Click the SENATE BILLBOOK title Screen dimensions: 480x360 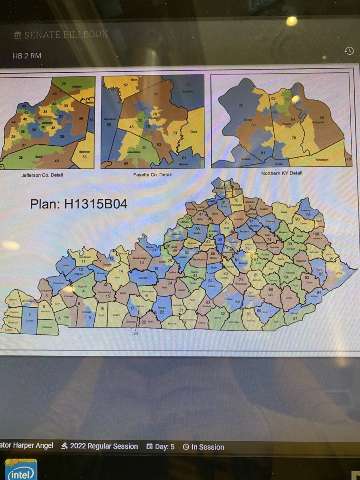[x=66, y=35]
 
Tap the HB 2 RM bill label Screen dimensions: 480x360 [x=27, y=56]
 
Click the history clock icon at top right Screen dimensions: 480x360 [x=349, y=51]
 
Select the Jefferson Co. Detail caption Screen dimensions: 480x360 [x=42, y=175]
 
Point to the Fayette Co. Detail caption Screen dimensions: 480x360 [x=152, y=175]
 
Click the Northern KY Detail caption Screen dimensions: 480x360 [x=282, y=173]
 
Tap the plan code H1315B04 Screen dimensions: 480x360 [x=79, y=204]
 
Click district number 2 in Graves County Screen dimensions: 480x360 [x=29, y=314]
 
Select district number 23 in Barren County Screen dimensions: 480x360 [x=162, y=312]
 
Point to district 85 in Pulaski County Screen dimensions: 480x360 [x=237, y=301]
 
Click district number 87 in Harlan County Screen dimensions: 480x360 [x=295, y=318]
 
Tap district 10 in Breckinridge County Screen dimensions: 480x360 [x=141, y=262]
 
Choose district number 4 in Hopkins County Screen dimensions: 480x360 [x=84, y=290]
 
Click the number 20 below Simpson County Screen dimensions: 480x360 [x=135, y=333]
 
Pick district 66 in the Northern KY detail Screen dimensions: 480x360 [x=241, y=105]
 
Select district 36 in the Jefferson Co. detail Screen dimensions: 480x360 [x=81, y=118]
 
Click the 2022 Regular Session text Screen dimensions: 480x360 [x=104, y=446]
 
